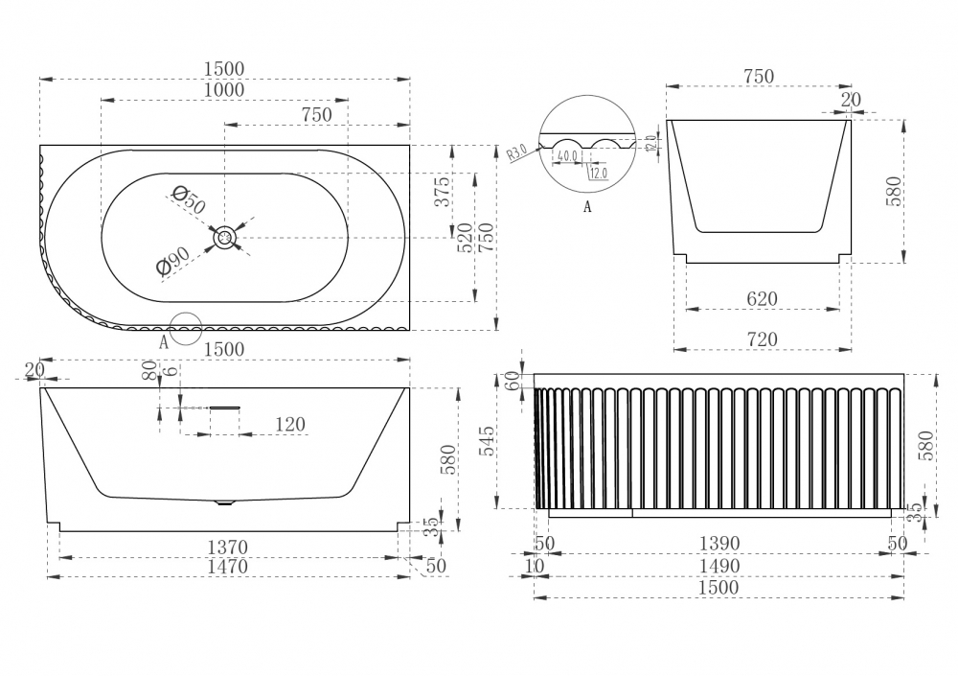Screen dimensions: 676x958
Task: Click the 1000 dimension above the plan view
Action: pos(224,90)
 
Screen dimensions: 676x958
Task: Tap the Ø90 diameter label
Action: pos(175,260)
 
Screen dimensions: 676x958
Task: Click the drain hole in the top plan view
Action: pos(225,238)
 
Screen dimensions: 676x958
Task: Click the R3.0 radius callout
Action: pos(516,152)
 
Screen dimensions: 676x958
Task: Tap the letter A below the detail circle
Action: pos(586,206)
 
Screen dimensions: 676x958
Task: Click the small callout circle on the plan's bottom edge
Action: pos(185,328)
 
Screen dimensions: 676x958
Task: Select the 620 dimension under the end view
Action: pos(762,299)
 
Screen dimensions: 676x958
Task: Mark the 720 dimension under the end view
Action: pos(762,338)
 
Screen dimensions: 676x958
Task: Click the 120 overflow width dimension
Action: pos(289,424)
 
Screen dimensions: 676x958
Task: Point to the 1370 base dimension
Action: pos(228,547)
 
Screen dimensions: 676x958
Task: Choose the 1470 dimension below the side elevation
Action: pos(228,567)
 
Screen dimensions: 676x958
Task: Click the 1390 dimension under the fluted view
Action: pos(718,544)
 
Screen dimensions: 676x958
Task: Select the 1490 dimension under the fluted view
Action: pos(718,566)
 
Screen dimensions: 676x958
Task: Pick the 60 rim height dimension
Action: pos(512,380)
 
